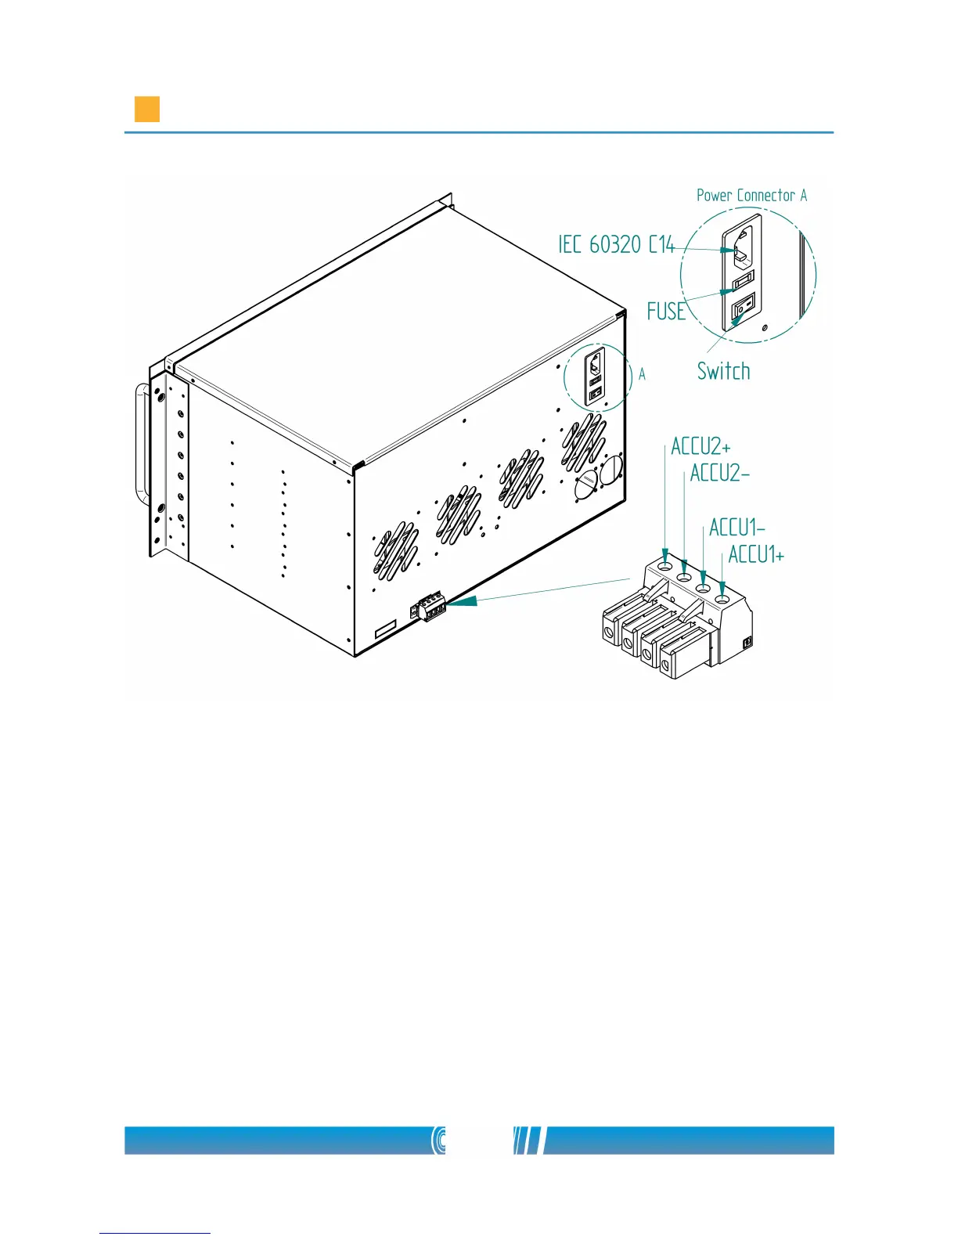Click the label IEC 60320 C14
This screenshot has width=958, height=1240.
(x=616, y=244)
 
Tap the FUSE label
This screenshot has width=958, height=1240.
(x=666, y=312)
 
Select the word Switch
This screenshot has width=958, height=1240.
(x=723, y=371)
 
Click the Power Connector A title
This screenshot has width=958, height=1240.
(x=751, y=196)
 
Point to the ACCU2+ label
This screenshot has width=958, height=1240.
(x=700, y=447)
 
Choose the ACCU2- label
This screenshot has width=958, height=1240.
(x=719, y=474)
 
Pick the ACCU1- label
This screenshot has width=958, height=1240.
(x=737, y=528)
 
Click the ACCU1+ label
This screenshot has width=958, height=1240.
(x=756, y=555)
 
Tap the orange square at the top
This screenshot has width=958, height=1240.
(x=147, y=110)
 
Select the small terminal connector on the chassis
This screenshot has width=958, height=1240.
(x=429, y=608)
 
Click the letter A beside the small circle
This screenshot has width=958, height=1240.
(x=643, y=375)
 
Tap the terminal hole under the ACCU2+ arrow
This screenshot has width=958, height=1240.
(x=664, y=566)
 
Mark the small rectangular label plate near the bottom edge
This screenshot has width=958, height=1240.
(x=386, y=631)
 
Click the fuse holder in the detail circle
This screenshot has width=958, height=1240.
(x=742, y=278)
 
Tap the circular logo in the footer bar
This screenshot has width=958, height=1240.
(x=440, y=1141)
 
